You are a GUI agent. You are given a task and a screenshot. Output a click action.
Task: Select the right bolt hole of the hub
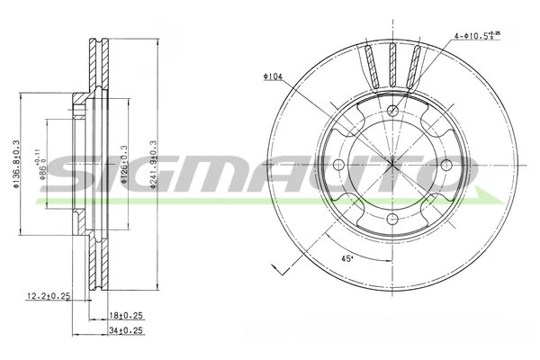tap(447, 165)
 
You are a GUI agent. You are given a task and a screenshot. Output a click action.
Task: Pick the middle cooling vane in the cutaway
tap(392, 67)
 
